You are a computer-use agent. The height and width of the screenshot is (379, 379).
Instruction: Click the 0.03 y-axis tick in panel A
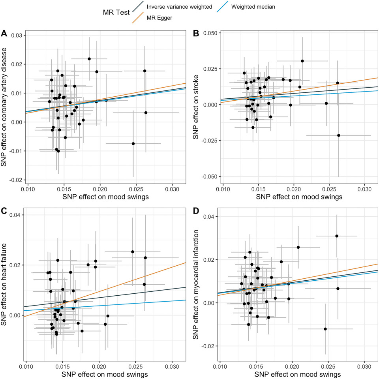pos(17,36)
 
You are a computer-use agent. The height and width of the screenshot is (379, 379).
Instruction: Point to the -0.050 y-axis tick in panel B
pos(210,176)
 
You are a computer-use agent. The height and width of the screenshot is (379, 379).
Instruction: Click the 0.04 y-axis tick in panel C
pos(17,215)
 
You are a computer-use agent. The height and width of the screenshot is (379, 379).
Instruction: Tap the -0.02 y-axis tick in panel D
pos(211,346)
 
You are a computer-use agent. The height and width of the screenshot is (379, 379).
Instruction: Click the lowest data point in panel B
pos(338,135)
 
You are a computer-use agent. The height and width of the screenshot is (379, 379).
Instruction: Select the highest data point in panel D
pos(337,236)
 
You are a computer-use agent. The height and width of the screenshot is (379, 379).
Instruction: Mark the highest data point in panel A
pos(89,59)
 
